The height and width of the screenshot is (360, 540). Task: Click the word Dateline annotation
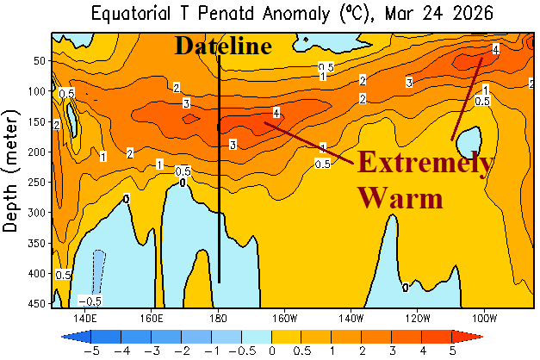223,46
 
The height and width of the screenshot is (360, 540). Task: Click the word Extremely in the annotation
425,164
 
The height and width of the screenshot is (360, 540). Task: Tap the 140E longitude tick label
84,315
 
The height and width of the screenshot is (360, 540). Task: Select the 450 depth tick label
35,303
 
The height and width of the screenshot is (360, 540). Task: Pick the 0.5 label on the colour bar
301,351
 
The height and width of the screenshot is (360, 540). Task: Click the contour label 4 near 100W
495,49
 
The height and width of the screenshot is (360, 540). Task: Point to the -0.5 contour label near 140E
90,301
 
